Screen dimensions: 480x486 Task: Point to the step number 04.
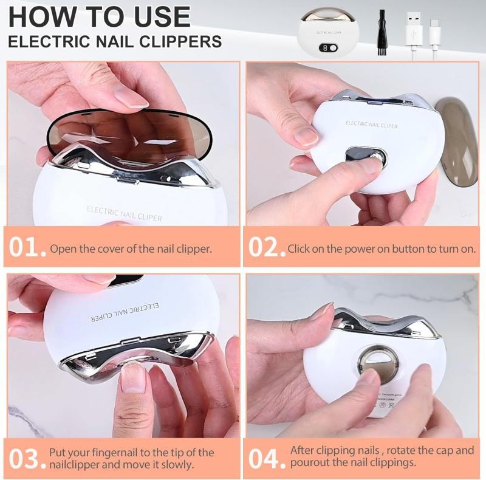click(x=266, y=459)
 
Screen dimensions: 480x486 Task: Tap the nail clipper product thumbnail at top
click(x=328, y=33)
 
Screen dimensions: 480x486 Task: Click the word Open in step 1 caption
click(x=63, y=249)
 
